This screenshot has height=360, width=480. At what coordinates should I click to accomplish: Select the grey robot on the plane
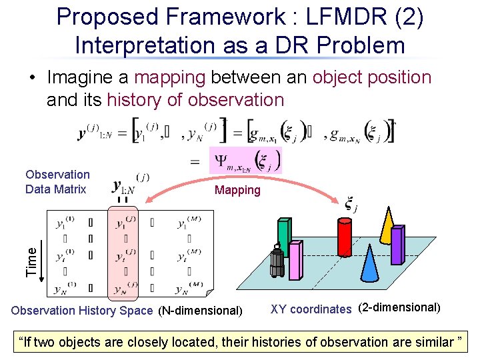(x=277, y=261)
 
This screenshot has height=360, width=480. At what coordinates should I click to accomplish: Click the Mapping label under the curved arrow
(x=237, y=190)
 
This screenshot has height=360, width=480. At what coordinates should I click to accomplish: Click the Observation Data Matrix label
(x=57, y=181)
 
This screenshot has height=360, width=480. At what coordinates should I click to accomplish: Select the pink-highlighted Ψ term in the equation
(x=245, y=160)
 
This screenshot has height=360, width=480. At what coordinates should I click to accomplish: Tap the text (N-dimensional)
(x=200, y=310)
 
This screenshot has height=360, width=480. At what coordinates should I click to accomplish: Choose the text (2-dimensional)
(x=399, y=308)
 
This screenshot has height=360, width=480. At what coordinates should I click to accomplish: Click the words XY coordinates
(x=310, y=309)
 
